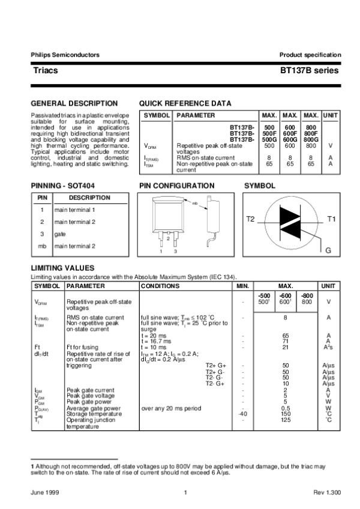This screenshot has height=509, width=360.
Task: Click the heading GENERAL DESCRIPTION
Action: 74,103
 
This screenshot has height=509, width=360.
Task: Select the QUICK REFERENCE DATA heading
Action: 185,103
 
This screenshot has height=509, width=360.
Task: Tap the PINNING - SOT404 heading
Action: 66,186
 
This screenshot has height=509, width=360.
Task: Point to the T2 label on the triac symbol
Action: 250,220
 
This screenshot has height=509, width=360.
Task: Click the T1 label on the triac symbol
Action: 331,220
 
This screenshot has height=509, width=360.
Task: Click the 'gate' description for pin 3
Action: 60,234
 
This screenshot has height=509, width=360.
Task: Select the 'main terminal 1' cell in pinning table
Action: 74,209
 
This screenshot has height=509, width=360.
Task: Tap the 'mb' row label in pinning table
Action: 42,246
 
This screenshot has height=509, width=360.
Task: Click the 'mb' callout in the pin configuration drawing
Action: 195,204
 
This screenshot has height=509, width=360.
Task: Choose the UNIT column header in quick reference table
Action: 331,115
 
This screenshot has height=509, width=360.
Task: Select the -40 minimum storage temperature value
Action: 242,414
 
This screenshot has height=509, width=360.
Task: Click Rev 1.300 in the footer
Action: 327,493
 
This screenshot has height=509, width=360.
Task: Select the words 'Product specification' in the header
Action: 310,55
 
